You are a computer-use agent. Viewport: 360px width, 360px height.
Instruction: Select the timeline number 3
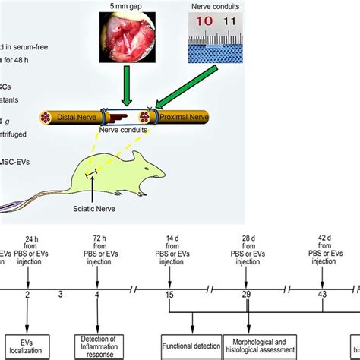coord(61,293)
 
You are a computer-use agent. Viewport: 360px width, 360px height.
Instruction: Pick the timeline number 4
coord(94,293)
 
